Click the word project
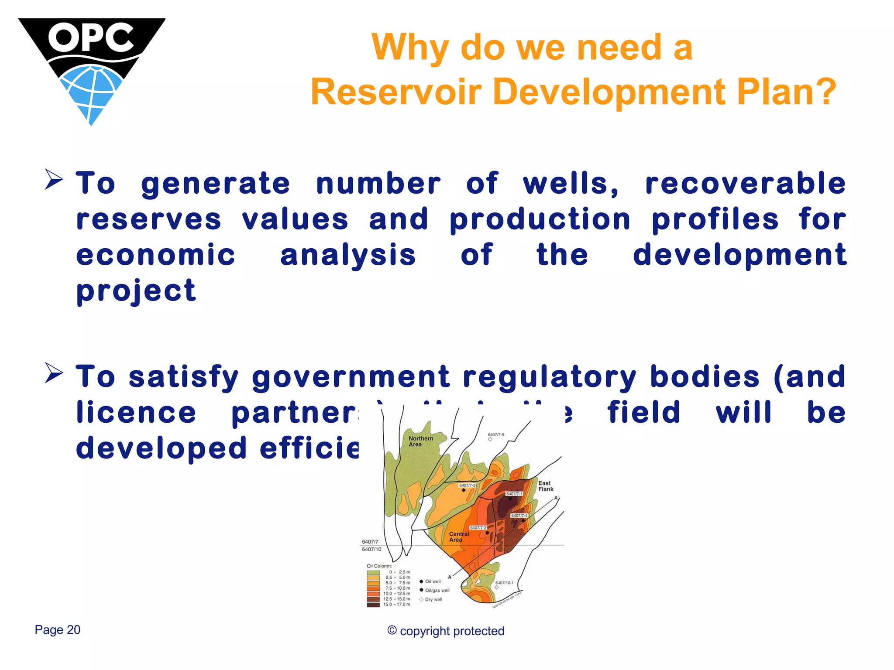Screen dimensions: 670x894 pos(136,291)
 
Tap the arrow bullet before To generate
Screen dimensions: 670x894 pos(54,181)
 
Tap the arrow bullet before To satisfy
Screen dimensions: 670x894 pos(54,374)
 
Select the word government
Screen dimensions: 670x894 pos(351,377)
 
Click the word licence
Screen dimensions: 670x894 pos(136,413)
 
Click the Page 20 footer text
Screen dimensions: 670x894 pos(58,630)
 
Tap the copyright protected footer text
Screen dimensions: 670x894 pos(446,631)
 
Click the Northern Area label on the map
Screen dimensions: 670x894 pos(420,441)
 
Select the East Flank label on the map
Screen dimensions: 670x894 pos(545,486)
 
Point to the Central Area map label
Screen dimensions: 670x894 pos(458,537)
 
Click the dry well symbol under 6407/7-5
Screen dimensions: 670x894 pos(490,439)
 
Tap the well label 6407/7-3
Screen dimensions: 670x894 pos(467,485)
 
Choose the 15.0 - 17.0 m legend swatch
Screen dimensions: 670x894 pos(373,605)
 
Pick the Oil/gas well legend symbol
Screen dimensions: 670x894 pos(421,590)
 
